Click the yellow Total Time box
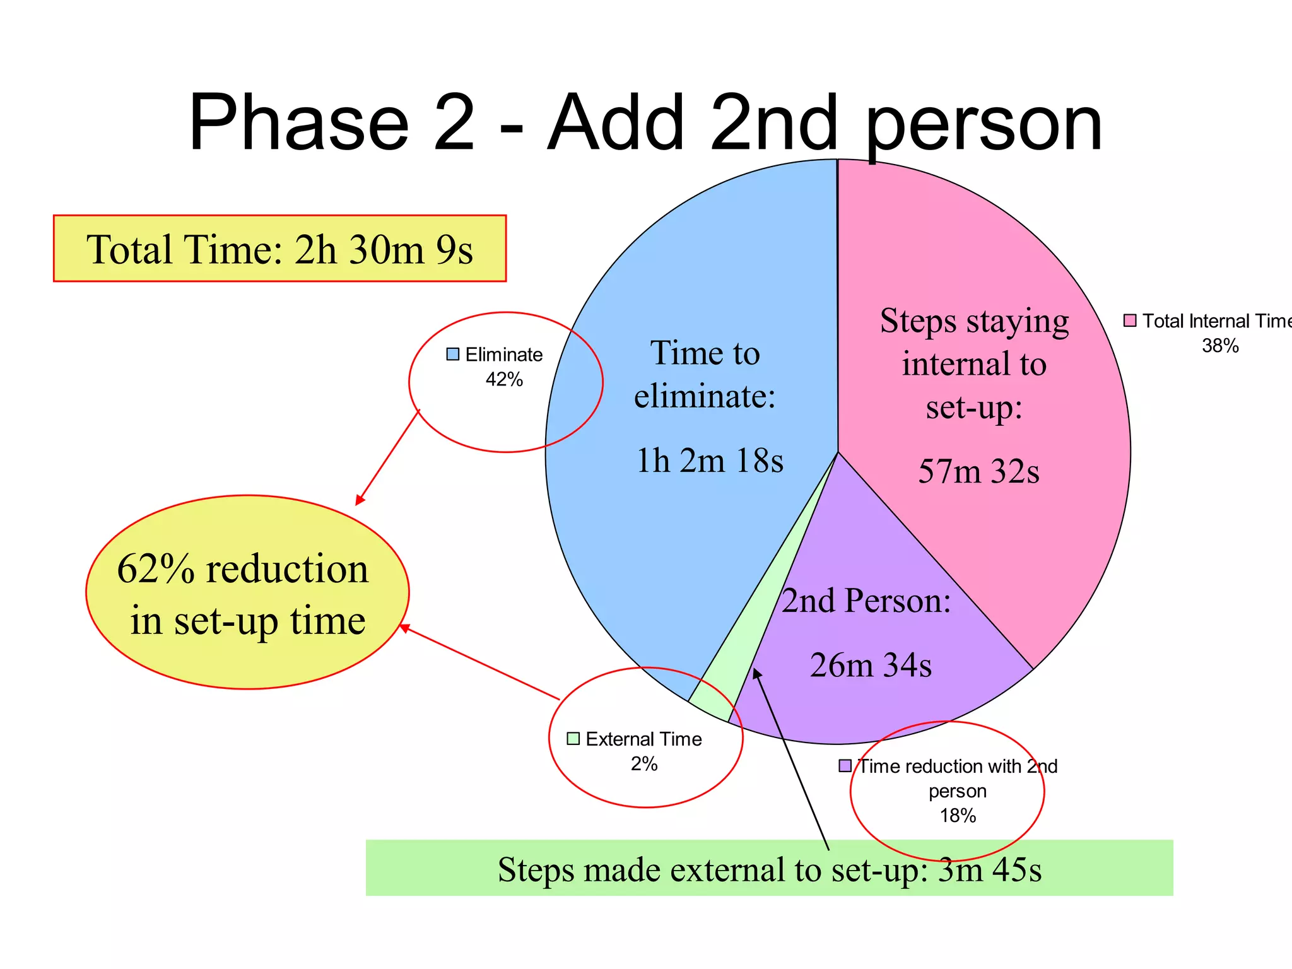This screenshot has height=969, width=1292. (279, 249)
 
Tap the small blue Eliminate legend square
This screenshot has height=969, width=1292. (452, 355)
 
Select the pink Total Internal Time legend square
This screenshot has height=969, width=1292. (1130, 320)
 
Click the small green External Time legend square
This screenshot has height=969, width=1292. (573, 739)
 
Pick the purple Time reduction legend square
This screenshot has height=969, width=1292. (845, 766)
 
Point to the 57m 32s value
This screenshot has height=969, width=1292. (978, 471)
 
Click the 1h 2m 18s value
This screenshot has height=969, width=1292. (710, 461)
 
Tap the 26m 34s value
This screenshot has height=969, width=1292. (871, 665)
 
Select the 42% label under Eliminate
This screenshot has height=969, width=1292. (504, 380)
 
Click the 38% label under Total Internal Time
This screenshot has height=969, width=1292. (1220, 346)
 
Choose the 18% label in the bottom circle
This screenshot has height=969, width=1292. (958, 816)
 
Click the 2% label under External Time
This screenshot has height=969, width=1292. (644, 764)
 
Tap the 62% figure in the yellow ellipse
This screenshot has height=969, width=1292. (156, 569)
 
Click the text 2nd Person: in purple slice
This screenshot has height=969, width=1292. (866, 601)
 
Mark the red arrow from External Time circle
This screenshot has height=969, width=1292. (479, 662)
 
